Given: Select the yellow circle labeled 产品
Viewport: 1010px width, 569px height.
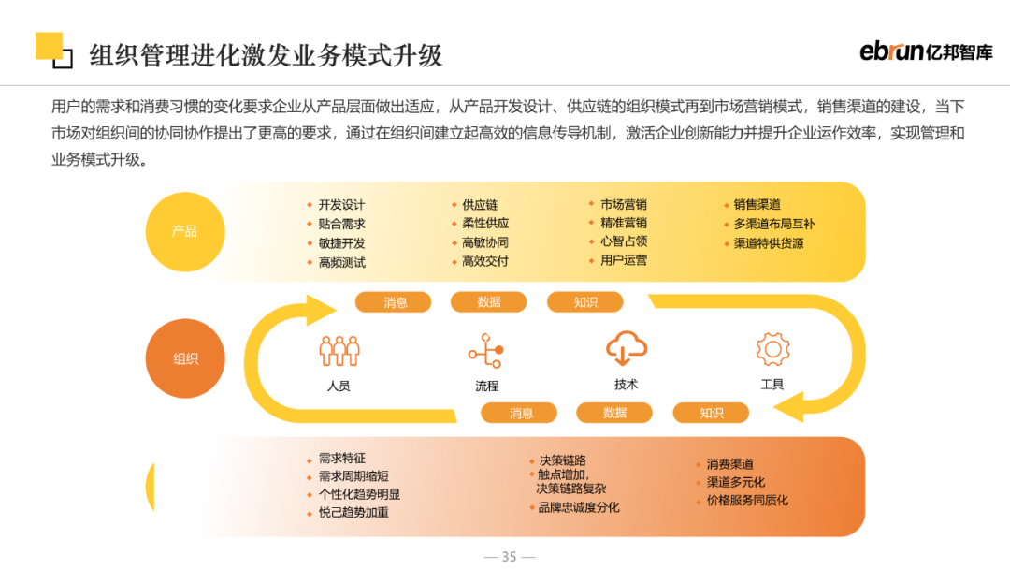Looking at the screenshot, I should (x=185, y=231).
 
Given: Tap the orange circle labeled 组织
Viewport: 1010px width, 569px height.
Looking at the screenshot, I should (x=185, y=358).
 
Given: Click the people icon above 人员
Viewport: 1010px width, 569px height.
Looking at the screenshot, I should (x=339, y=351).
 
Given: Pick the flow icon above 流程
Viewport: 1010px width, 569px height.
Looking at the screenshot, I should (x=486, y=351).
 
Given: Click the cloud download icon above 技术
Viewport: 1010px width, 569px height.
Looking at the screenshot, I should (x=627, y=349).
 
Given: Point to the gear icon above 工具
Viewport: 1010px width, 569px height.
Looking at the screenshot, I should (x=773, y=349).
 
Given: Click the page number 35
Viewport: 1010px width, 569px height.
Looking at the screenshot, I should (x=509, y=556).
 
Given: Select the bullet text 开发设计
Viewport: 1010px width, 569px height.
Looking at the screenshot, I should (x=341, y=205).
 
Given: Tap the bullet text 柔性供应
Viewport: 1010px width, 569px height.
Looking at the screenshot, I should (x=485, y=224).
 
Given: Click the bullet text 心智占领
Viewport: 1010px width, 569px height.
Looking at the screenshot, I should (x=624, y=241).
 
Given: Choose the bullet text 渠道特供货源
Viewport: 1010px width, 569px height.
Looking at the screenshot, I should (x=768, y=243).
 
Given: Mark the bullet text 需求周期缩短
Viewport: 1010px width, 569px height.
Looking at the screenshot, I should (x=353, y=476).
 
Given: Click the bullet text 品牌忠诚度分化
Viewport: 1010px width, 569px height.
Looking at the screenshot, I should (x=578, y=507).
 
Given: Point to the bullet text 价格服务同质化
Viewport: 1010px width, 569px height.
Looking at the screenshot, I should (x=747, y=501).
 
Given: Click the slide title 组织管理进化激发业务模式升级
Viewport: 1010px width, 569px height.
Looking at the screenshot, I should (x=266, y=55).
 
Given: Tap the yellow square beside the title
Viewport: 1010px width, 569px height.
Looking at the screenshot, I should (x=49, y=46).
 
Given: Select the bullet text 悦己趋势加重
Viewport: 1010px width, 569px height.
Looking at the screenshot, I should (x=353, y=513).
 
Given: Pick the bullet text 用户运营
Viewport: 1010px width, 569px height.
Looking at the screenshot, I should (x=624, y=260).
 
